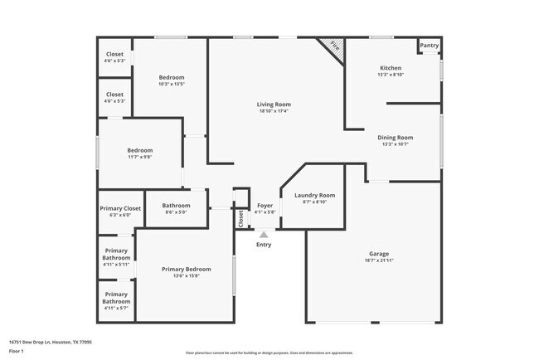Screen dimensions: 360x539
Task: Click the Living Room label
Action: (274, 104)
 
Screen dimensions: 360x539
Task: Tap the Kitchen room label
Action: (391, 68)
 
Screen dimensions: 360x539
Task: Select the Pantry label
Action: (430, 46)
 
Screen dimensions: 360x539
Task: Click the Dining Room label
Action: (396, 137)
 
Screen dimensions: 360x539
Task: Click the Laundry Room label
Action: (314, 195)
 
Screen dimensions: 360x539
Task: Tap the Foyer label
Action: (265, 205)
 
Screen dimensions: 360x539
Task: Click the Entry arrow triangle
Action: (264, 235)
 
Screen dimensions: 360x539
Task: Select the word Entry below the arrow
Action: (264, 245)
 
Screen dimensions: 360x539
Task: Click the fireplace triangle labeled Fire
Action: (333, 46)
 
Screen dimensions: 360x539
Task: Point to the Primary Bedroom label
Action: (187, 269)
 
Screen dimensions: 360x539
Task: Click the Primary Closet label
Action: (121, 208)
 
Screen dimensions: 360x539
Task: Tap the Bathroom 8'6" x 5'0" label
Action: (176, 206)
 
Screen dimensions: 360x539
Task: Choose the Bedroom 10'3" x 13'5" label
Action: (172, 77)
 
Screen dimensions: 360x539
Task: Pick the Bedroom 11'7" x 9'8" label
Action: (139, 150)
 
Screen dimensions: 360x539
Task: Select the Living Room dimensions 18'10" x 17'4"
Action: (274, 111)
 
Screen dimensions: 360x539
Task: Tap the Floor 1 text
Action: (16, 351)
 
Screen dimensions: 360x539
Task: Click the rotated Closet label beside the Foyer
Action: (241, 218)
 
